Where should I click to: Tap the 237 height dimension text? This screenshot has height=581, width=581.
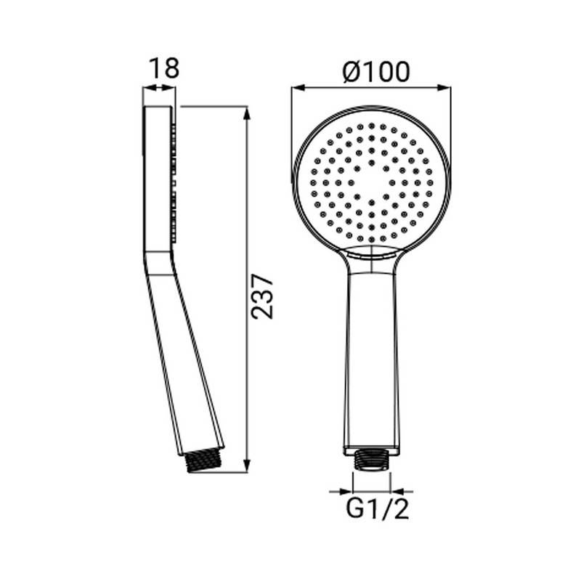point(262,296)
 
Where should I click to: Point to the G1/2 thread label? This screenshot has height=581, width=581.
point(378,509)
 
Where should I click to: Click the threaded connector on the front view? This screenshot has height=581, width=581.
point(371,460)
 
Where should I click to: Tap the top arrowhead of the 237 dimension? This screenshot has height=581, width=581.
point(247,111)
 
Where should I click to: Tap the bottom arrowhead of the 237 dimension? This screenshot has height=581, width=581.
point(247,468)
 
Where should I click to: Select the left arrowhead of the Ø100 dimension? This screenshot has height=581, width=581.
point(296,89)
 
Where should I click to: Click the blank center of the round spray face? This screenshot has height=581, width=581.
point(371,182)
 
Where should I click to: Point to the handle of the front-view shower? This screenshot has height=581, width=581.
point(371,356)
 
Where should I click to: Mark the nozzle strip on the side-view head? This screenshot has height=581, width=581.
point(174,182)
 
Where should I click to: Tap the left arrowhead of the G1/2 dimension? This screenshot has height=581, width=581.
point(349,492)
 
